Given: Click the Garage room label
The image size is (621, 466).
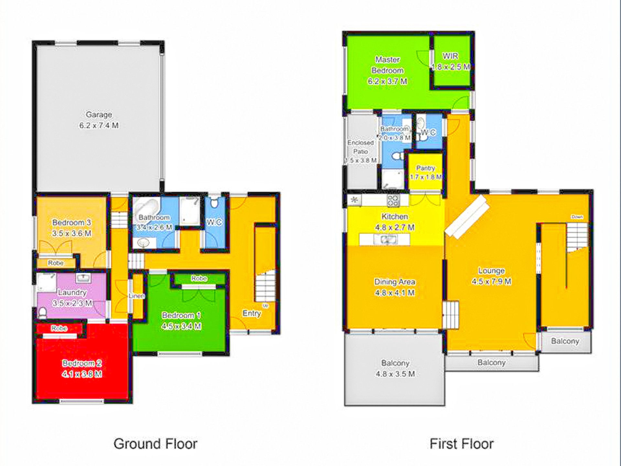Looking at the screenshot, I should pos(99,115).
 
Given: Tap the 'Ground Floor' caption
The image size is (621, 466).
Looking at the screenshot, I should pos(155,444).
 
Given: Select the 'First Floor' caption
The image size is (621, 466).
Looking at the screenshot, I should pos(462,444).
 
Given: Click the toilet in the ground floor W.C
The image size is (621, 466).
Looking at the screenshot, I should pos(214,203).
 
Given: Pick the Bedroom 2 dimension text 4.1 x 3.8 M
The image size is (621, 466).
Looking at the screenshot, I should pos(82,374).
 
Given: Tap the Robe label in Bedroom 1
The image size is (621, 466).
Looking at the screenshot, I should pos(199,278).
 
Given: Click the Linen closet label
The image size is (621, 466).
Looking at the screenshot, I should pos(136,296).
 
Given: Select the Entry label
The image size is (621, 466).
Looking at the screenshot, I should pos(252,313).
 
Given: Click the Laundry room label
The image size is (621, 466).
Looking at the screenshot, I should pos(72,292).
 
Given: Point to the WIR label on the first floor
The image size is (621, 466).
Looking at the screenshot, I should pos(450,56).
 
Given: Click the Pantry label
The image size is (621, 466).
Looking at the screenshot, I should pos(425,168).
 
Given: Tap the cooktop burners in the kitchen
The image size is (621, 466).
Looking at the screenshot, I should pos(393,201).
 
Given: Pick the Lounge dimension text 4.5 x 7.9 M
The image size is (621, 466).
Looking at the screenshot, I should pos(491,282).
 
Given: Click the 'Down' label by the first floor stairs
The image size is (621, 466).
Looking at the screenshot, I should pos(577,217).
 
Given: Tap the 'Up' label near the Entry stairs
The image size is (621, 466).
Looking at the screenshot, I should pos(265,305).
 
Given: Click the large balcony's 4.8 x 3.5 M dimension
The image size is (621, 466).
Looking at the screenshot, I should pos(395,374).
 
